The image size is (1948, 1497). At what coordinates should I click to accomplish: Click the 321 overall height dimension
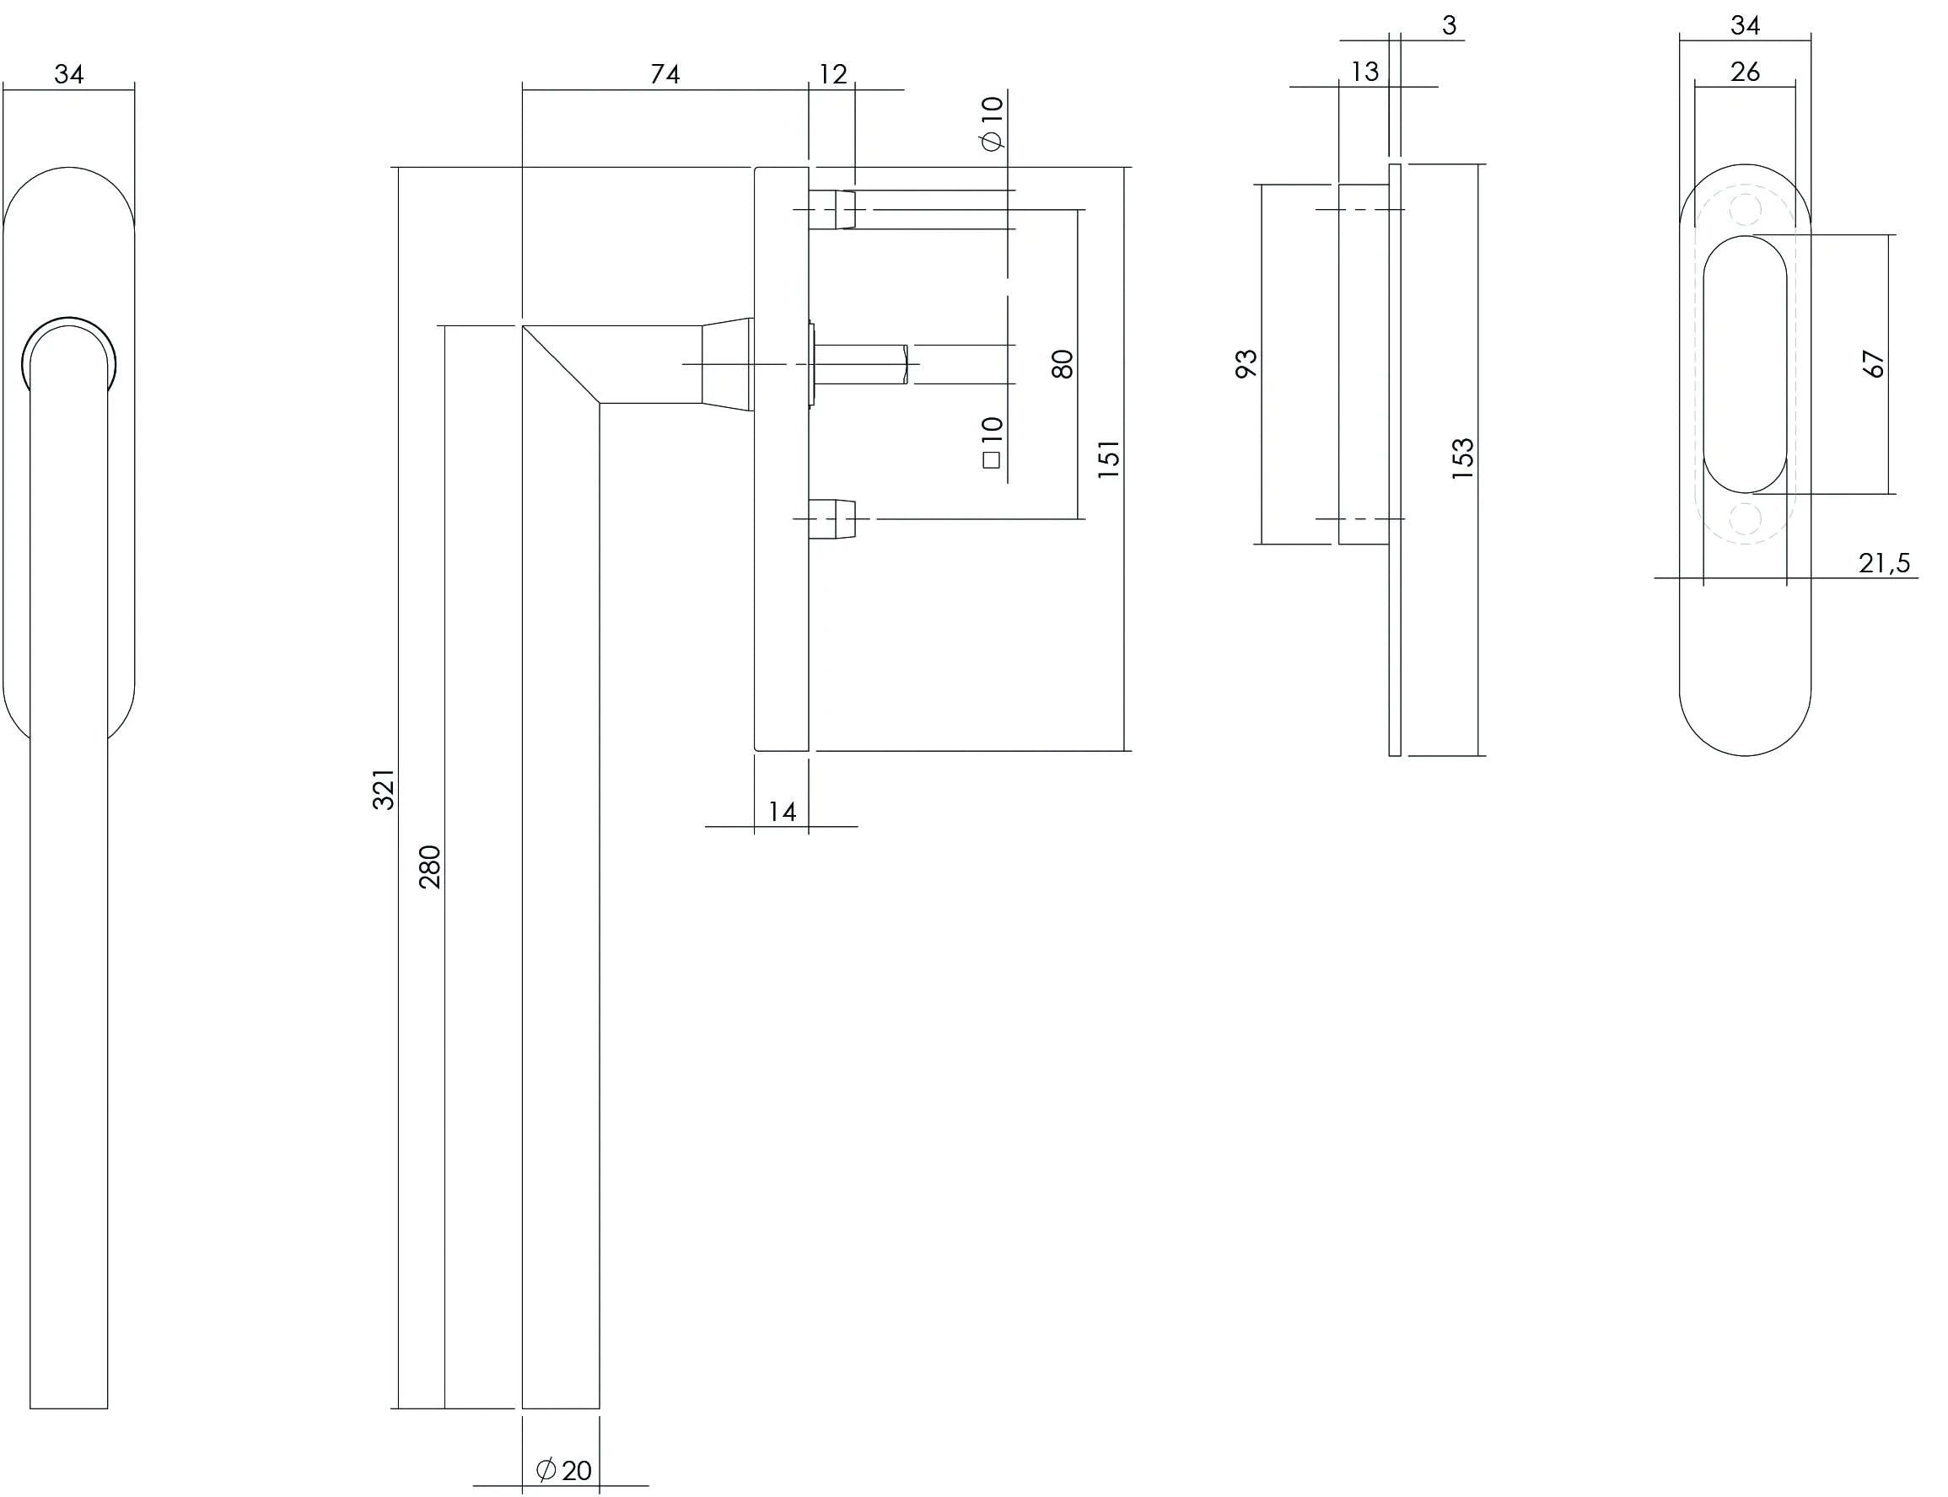[x=383, y=789]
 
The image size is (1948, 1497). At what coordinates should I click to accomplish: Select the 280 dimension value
[x=430, y=867]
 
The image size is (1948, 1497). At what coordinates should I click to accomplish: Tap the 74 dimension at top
[x=665, y=74]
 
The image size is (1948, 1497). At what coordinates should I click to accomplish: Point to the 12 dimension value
[x=832, y=74]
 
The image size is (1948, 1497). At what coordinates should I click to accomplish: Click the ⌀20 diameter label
[x=563, y=1469]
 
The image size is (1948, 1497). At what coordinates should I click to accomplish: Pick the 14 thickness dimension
[x=782, y=812]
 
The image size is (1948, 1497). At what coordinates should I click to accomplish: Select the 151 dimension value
[x=1108, y=459]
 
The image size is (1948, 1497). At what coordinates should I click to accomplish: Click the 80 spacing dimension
[x=1063, y=363]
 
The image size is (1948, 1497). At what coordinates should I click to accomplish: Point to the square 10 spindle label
[x=992, y=442]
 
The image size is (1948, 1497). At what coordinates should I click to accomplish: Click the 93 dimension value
[x=1246, y=363]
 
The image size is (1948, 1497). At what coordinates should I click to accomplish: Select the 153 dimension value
[x=1463, y=459]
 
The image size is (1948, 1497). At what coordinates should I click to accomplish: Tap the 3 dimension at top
[x=1449, y=26]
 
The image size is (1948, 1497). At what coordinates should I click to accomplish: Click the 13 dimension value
[x=1365, y=72]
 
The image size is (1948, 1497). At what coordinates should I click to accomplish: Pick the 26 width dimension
[x=1745, y=72]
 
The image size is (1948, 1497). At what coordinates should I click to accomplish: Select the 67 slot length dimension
[x=1874, y=363]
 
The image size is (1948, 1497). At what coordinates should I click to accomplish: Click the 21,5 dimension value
[x=1884, y=563]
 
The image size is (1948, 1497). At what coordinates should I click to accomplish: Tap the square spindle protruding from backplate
[x=860, y=364]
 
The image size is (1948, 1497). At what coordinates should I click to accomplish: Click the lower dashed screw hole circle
[x=1745, y=518]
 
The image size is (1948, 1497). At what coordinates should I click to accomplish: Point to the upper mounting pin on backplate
[x=832, y=209]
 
